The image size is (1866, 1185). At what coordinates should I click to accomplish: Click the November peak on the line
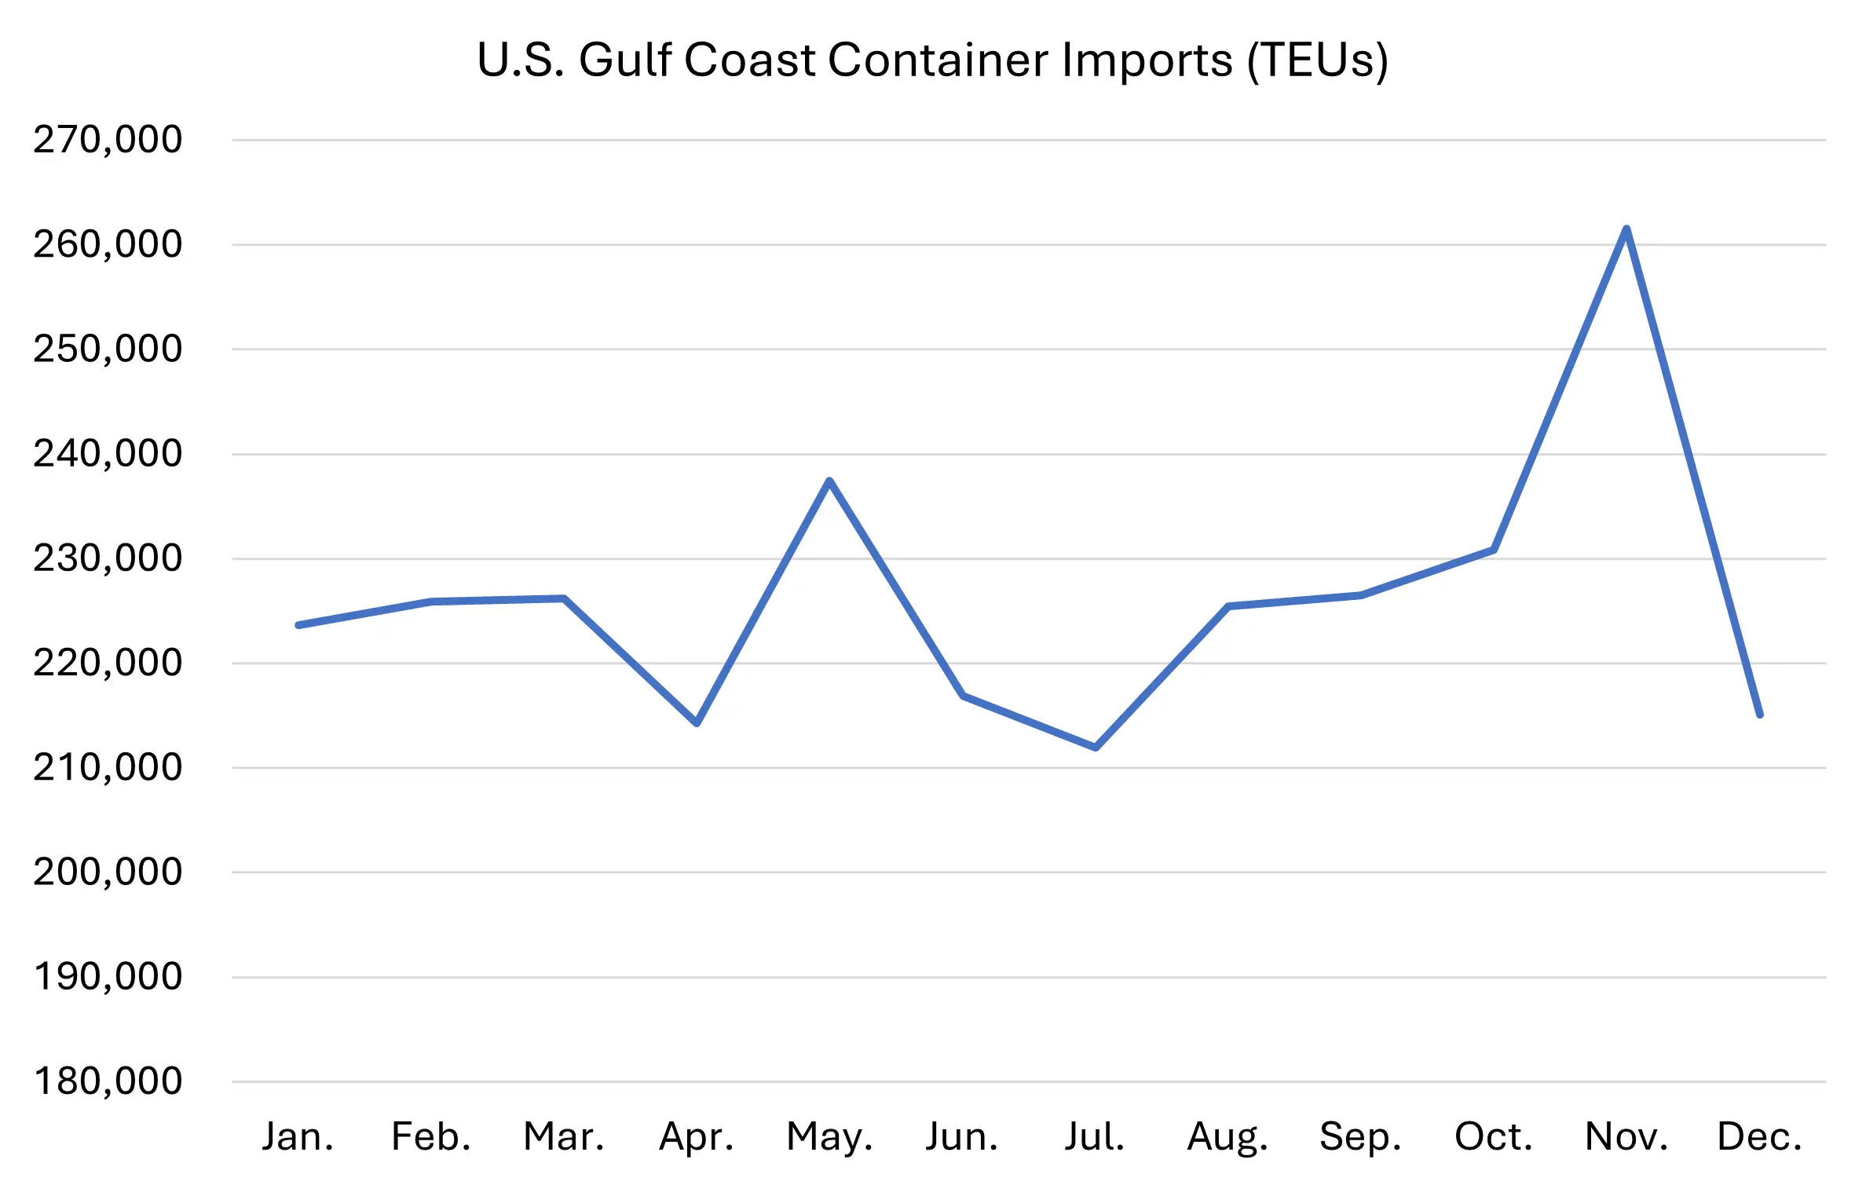point(1626,229)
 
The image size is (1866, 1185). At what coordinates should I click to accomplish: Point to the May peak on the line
point(829,481)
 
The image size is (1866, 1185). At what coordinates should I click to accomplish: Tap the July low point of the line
point(1095,747)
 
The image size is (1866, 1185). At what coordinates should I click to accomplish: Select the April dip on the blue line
point(697,722)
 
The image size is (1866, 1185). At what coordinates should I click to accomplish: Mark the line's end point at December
point(1759,715)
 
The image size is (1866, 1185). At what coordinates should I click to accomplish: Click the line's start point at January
point(298,625)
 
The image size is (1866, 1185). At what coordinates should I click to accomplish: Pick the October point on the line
point(1493,550)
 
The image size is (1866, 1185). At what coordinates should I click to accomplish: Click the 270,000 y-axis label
point(108,140)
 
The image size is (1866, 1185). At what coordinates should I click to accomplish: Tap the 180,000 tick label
point(108,1081)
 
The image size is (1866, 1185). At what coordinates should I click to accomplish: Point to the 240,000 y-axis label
point(108,454)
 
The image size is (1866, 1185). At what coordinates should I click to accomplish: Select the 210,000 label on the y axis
point(108,767)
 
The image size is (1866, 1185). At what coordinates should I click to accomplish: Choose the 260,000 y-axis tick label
point(108,244)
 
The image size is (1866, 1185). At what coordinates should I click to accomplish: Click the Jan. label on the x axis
point(298,1136)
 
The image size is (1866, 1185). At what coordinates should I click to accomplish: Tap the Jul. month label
point(1095,1136)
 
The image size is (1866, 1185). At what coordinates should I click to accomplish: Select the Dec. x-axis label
point(1759,1136)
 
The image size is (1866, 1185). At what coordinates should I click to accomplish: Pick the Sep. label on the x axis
point(1360,1136)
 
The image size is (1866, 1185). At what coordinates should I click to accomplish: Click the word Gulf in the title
point(626,60)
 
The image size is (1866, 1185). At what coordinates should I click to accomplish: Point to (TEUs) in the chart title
point(1317,60)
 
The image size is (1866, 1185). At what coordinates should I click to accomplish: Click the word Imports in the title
point(1147,60)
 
